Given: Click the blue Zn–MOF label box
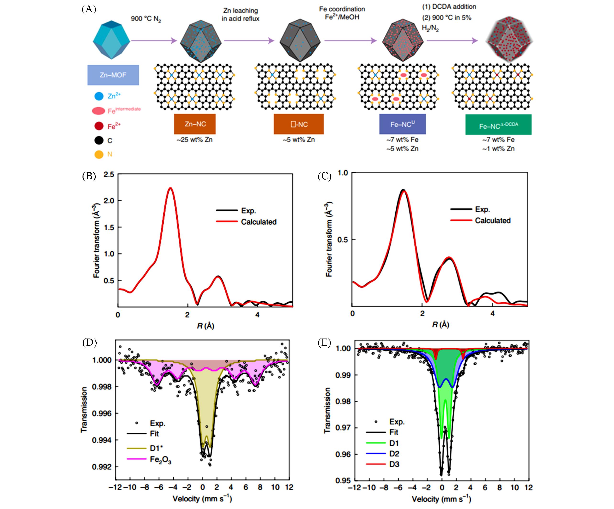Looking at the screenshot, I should pyautogui.click(x=113, y=75).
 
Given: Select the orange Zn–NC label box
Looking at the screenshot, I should pyautogui.click(x=195, y=124).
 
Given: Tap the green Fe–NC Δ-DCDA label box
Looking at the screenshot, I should pyautogui.click(x=498, y=125).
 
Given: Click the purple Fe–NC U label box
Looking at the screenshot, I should pyautogui.click(x=402, y=124).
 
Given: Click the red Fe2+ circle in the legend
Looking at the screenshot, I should pyautogui.click(x=99, y=126).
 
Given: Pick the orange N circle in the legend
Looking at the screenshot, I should pyautogui.click(x=99, y=154).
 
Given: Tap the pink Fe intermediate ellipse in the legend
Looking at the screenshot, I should pyautogui.click(x=98, y=111).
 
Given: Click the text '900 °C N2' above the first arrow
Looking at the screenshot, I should pyautogui.click(x=146, y=19).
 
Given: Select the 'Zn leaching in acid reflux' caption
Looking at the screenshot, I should pyautogui.click(x=240, y=15).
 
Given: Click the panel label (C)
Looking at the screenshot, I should pyautogui.click(x=325, y=176).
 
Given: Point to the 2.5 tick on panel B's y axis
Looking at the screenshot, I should pyautogui.click(x=109, y=175).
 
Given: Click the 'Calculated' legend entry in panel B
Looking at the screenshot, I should pyautogui.click(x=259, y=222).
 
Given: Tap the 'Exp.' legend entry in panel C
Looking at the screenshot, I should pyautogui.click(x=482, y=209).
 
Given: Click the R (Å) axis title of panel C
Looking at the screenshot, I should pyautogui.click(x=440, y=325).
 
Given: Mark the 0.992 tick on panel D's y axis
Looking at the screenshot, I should pyautogui.click(x=101, y=467).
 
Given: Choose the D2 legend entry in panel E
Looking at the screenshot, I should pyautogui.click(x=394, y=454).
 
